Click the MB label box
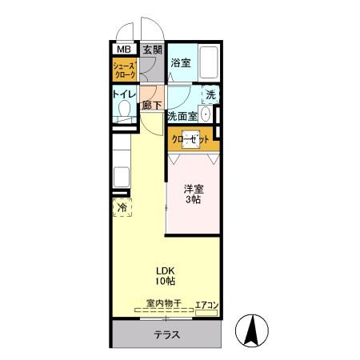(125, 50)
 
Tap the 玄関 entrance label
(152, 50)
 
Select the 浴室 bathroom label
(181, 62)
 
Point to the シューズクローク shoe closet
(125, 70)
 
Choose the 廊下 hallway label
(152, 104)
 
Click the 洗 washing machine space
(210, 94)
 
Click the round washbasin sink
(206, 115)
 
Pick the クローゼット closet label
(191, 138)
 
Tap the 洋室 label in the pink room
(193, 189)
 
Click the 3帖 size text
(193, 200)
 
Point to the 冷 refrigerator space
(122, 208)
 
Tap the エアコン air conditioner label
(206, 303)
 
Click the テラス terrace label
(166, 334)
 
